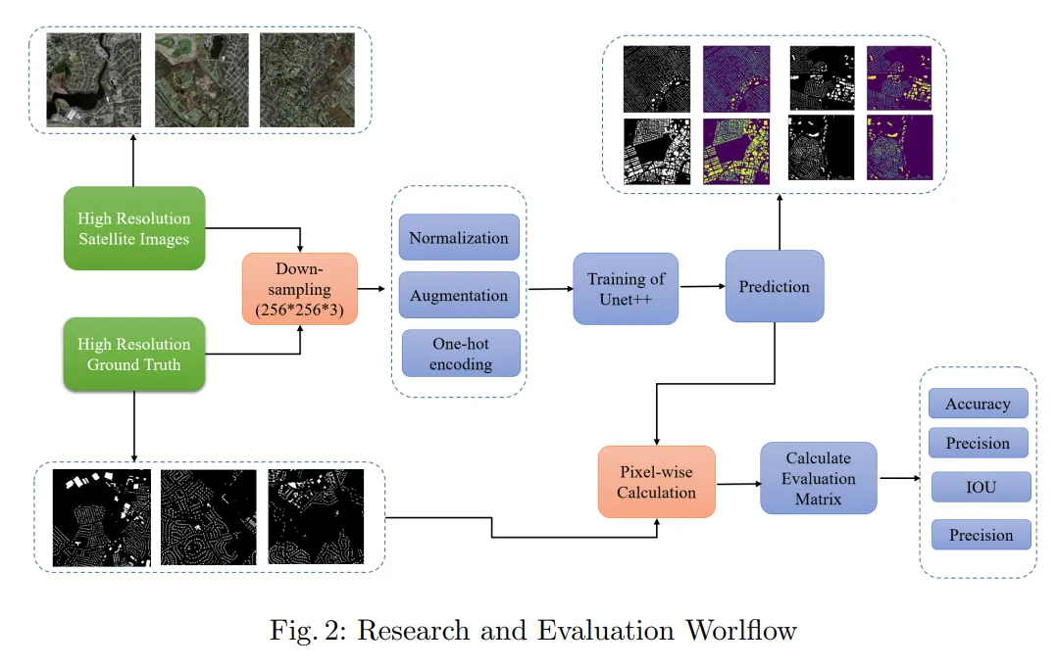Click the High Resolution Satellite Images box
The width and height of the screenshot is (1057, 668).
pos(134,227)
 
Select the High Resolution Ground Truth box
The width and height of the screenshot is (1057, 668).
pos(134,354)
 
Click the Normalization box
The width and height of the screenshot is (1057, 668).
pos(459,238)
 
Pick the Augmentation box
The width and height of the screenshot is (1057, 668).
pos(459,295)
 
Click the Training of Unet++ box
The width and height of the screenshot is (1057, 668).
pos(626,288)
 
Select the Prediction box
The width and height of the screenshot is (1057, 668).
pos(775,286)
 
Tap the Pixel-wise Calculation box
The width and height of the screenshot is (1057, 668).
pos(656,482)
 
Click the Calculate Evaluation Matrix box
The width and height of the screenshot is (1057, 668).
pos(819,478)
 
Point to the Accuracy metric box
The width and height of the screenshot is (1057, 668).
pos(978,404)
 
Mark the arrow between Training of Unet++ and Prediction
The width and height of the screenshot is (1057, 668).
pos(702,287)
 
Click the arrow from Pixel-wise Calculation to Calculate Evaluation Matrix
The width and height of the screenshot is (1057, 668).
pos(737,483)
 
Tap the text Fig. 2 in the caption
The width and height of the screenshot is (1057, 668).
pos(307,629)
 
